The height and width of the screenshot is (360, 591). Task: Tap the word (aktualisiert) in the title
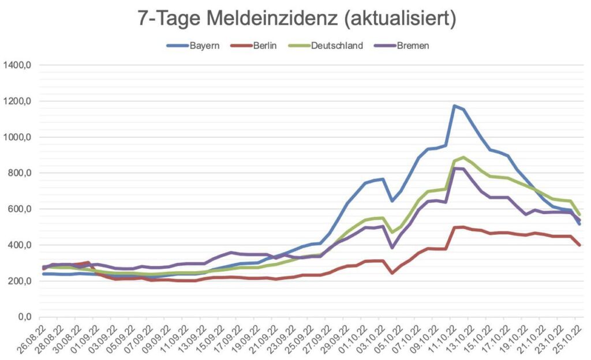click(399, 18)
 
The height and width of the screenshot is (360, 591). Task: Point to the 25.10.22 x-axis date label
click(569, 336)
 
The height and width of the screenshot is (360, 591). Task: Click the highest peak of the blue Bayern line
click(454, 106)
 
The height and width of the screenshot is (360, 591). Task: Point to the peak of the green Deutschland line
click(463, 157)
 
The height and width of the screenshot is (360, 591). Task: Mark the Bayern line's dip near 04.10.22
click(392, 201)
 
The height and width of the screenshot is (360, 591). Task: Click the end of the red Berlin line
click(579, 245)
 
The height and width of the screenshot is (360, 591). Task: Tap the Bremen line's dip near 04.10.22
click(392, 247)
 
